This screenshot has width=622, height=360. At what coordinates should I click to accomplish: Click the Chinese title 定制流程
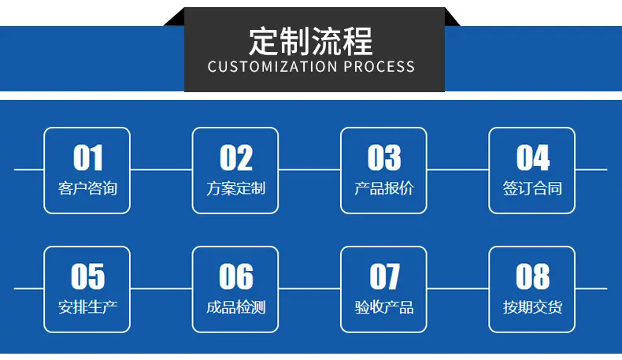[310, 41]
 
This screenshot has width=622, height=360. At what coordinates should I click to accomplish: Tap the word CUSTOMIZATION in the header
[272, 67]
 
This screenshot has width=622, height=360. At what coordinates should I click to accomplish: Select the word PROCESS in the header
[379, 67]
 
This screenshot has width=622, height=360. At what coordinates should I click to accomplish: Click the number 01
[87, 158]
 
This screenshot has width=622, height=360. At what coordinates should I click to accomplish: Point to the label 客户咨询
[87, 188]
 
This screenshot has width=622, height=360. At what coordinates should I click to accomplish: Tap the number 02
[236, 158]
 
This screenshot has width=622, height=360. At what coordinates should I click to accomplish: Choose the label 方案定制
[236, 188]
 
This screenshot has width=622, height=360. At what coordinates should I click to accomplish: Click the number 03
[384, 158]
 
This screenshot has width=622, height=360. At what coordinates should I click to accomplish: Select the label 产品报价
[384, 188]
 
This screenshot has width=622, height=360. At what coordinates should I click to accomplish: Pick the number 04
[533, 158]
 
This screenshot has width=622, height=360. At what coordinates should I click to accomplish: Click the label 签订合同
[532, 188]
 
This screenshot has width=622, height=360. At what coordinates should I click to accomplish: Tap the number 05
[87, 276]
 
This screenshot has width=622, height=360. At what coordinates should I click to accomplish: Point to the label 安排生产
[87, 306]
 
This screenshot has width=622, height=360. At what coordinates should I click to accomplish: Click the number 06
[236, 276]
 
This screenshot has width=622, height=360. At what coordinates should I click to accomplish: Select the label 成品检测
[236, 306]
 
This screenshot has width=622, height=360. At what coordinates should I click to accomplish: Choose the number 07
[384, 276]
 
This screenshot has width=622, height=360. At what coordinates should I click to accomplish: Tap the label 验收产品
[384, 306]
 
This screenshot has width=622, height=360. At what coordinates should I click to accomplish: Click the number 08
[533, 276]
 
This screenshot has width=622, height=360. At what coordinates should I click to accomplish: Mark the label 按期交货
[532, 306]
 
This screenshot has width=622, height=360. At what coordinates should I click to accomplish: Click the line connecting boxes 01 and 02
[161, 169]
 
